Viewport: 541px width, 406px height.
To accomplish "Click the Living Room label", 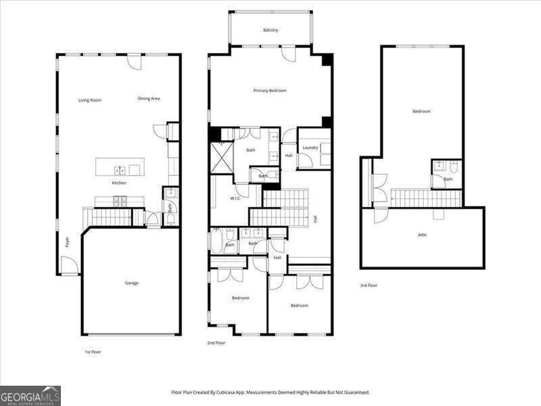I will point(89,100).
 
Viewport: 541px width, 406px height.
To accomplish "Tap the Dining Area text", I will point(148,99).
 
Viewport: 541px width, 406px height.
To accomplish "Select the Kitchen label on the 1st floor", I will point(119,183).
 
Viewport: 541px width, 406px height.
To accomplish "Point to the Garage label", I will point(131,283).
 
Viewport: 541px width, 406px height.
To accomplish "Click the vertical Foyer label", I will point(67,242).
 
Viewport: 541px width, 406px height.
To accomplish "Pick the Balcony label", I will point(270,30).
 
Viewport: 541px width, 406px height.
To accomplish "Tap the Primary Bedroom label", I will point(270,91).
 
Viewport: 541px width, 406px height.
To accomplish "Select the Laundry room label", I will point(310,148).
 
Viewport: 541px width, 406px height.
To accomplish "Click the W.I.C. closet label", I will point(236,198).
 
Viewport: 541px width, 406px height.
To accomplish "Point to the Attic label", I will point(422,235).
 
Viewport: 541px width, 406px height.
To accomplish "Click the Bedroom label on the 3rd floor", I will point(421,112).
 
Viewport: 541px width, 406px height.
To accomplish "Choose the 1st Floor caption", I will point(93,352).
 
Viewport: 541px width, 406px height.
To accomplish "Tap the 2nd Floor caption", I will point(216,343).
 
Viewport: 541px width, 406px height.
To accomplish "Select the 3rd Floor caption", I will point(369,286).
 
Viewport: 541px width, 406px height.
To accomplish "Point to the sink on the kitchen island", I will point(119,170).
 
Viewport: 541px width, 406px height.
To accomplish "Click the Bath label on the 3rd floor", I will point(448,179).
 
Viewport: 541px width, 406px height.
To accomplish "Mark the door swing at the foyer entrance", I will point(69,265).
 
